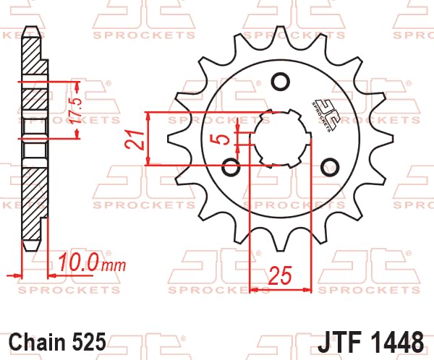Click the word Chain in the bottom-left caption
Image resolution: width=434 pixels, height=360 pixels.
38,340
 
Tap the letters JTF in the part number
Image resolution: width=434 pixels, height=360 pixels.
340,340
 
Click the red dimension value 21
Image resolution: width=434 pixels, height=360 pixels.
132,139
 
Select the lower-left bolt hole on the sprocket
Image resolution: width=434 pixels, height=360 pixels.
231,168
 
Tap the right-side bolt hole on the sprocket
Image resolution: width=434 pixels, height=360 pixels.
331,165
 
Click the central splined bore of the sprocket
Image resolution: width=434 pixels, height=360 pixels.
280,137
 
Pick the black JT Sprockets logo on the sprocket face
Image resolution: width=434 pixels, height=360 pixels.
323,114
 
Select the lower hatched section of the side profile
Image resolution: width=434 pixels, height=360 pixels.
33,206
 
